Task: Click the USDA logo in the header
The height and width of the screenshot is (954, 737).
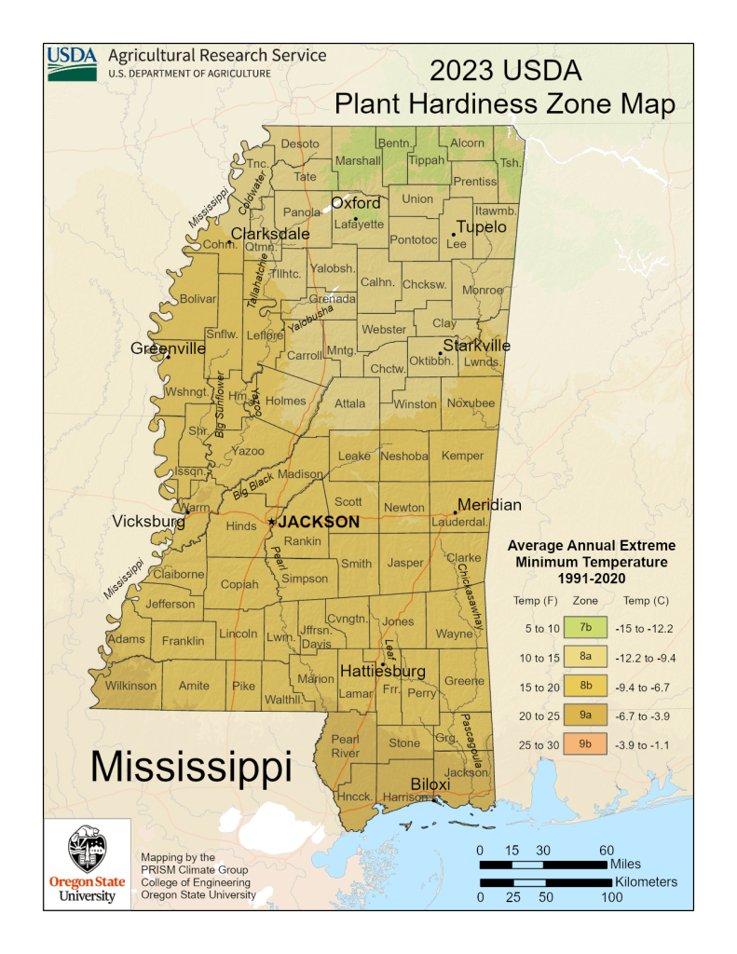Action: coord(72,62)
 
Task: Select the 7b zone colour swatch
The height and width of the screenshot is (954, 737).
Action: coord(586,628)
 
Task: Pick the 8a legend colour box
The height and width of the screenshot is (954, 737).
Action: coord(586,658)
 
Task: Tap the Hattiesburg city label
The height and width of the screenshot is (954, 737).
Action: coord(382,671)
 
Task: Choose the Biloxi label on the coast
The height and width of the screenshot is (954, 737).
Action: coord(430,784)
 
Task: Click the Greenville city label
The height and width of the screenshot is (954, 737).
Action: coord(168,348)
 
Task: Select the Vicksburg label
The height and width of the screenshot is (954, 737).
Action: coord(149,522)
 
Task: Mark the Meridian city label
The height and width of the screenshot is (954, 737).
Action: coord(489,504)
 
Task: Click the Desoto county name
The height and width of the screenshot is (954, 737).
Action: coord(300,143)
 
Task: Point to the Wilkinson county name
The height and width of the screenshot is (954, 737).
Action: coord(131,686)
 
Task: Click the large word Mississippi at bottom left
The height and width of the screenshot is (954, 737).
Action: coord(191,766)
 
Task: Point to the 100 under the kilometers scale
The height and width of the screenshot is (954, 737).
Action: coord(611,897)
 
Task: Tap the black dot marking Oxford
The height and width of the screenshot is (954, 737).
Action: coord(356,219)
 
